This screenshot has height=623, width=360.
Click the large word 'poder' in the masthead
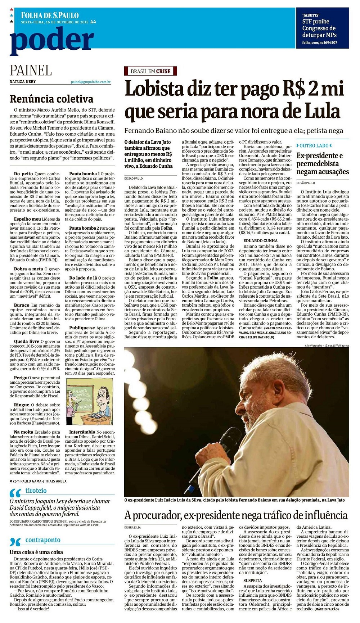52,41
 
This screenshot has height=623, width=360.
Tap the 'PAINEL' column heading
31,70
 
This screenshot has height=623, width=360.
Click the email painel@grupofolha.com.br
90,82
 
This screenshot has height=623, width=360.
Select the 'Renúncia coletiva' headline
51,99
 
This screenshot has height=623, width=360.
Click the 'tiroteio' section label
36,491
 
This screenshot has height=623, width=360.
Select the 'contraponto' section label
43,540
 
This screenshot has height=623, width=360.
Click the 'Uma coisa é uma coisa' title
36,552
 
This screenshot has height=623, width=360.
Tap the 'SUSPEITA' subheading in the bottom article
253,581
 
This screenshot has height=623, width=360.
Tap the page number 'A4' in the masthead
93,22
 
